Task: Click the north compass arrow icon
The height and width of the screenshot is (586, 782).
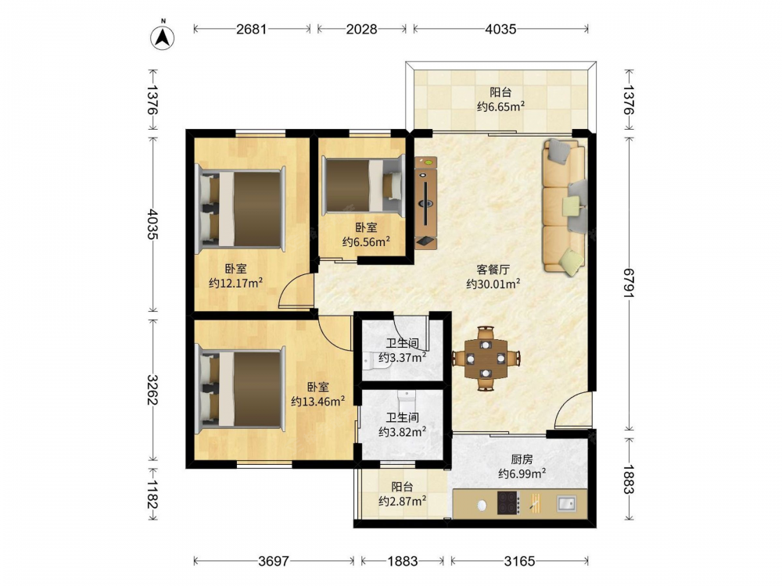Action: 162,36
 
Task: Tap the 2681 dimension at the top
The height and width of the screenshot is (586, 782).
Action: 251,29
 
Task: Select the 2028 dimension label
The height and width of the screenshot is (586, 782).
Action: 361,29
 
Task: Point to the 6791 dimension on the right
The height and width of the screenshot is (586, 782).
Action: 629,283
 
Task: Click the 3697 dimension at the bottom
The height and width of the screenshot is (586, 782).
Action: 274,561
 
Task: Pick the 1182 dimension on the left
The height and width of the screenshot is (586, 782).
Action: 152,494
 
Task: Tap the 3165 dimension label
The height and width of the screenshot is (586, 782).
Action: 519,561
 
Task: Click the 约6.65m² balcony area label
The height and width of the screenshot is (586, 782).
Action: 500,106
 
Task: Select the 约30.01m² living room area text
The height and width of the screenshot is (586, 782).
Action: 493,284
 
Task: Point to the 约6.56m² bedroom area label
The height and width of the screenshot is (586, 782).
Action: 365,241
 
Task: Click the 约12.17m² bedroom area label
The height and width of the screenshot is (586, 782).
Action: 235,283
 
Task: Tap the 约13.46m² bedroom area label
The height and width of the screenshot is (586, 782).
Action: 317,401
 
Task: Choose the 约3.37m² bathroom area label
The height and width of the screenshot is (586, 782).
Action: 402,357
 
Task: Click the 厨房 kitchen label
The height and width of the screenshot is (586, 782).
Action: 522,459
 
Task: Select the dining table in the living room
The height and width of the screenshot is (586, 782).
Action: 486,359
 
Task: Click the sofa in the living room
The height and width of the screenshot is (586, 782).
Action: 564,205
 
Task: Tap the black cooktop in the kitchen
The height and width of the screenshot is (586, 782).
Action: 509,502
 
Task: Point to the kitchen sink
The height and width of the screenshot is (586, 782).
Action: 566,503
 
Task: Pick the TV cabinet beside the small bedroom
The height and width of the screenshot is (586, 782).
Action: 426,203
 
